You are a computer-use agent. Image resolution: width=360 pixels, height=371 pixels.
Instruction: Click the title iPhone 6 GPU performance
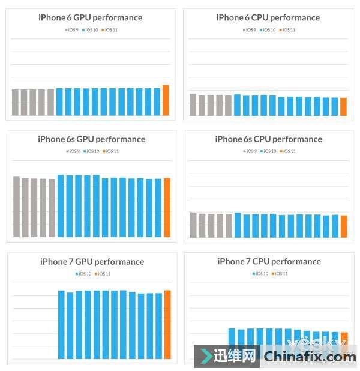pyautogui.click(x=90, y=17)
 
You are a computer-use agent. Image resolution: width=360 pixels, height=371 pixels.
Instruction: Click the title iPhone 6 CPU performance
pyautogui.click(x=268, y=17)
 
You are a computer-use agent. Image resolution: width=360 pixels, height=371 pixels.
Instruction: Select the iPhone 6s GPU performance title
pyautogui.click(x=91, y=139)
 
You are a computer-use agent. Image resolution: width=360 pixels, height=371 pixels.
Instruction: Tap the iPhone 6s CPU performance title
pyautogui.click(x=268, y=139)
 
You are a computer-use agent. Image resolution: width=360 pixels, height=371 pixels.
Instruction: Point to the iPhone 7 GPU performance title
pyautogui.click(x=92, y=262)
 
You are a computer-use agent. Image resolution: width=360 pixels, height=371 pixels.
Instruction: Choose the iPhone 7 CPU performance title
pyautogui.click(x=269, y=262)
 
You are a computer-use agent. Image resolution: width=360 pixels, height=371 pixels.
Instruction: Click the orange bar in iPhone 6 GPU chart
pyautogui.click(x=166, y=100)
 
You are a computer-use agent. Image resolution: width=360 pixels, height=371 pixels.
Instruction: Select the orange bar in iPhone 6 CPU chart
pyautogui.click(x=343, y=106)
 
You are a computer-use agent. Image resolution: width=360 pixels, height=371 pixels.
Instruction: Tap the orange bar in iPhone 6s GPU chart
pyautogui.click(x=167, y=207)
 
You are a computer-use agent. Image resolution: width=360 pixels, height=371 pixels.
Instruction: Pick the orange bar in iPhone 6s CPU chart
pyautogui.click(x=344, y=226)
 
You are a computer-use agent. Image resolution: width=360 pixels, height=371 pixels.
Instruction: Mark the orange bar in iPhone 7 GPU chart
pyautogui.click(x=167, y=324)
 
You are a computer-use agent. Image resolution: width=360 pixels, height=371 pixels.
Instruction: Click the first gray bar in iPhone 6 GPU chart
pyautogui.click(x=16, y=102)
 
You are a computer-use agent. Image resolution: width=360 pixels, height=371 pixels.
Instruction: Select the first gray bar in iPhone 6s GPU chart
pyautogui.click(x=17, y=207)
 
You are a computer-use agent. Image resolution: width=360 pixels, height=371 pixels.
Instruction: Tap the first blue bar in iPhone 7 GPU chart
pyautogui.click(x=61, y=324)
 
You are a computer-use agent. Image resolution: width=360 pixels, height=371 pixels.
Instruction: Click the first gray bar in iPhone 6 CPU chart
pyautogui.click(x=193, y=104)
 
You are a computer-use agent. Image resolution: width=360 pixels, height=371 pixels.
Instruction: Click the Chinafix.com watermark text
pyautogui.click(x=310, y=357)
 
